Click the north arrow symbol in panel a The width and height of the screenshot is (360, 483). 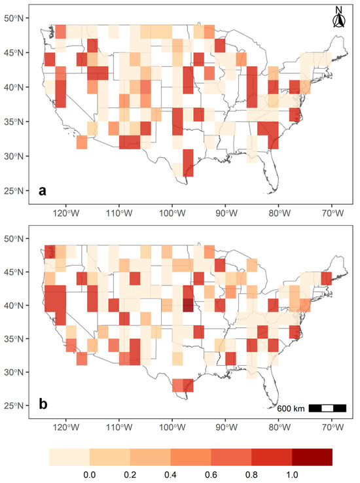click(x=338, y=19)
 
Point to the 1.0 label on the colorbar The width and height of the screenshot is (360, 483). click(x=292, y=473)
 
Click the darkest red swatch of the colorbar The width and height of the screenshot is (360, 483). click(x=312, y=456)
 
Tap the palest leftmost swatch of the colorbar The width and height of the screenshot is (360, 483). click(x=69, y=456)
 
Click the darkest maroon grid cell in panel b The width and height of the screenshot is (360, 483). click(x=189, y=305)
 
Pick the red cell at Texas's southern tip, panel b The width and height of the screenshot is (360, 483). click(x=183, y=385)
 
